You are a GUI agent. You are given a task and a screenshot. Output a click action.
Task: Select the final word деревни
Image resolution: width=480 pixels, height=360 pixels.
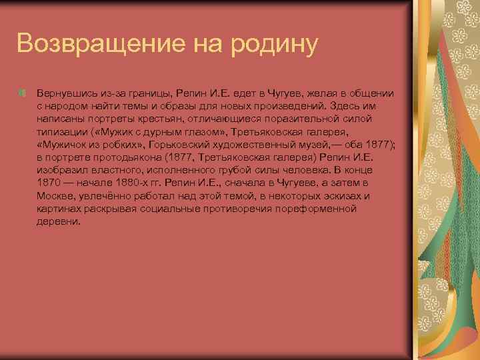[x=59, y=222]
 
